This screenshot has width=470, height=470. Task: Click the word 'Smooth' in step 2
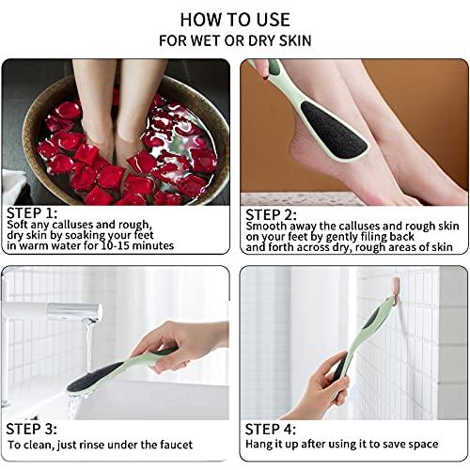267,226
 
